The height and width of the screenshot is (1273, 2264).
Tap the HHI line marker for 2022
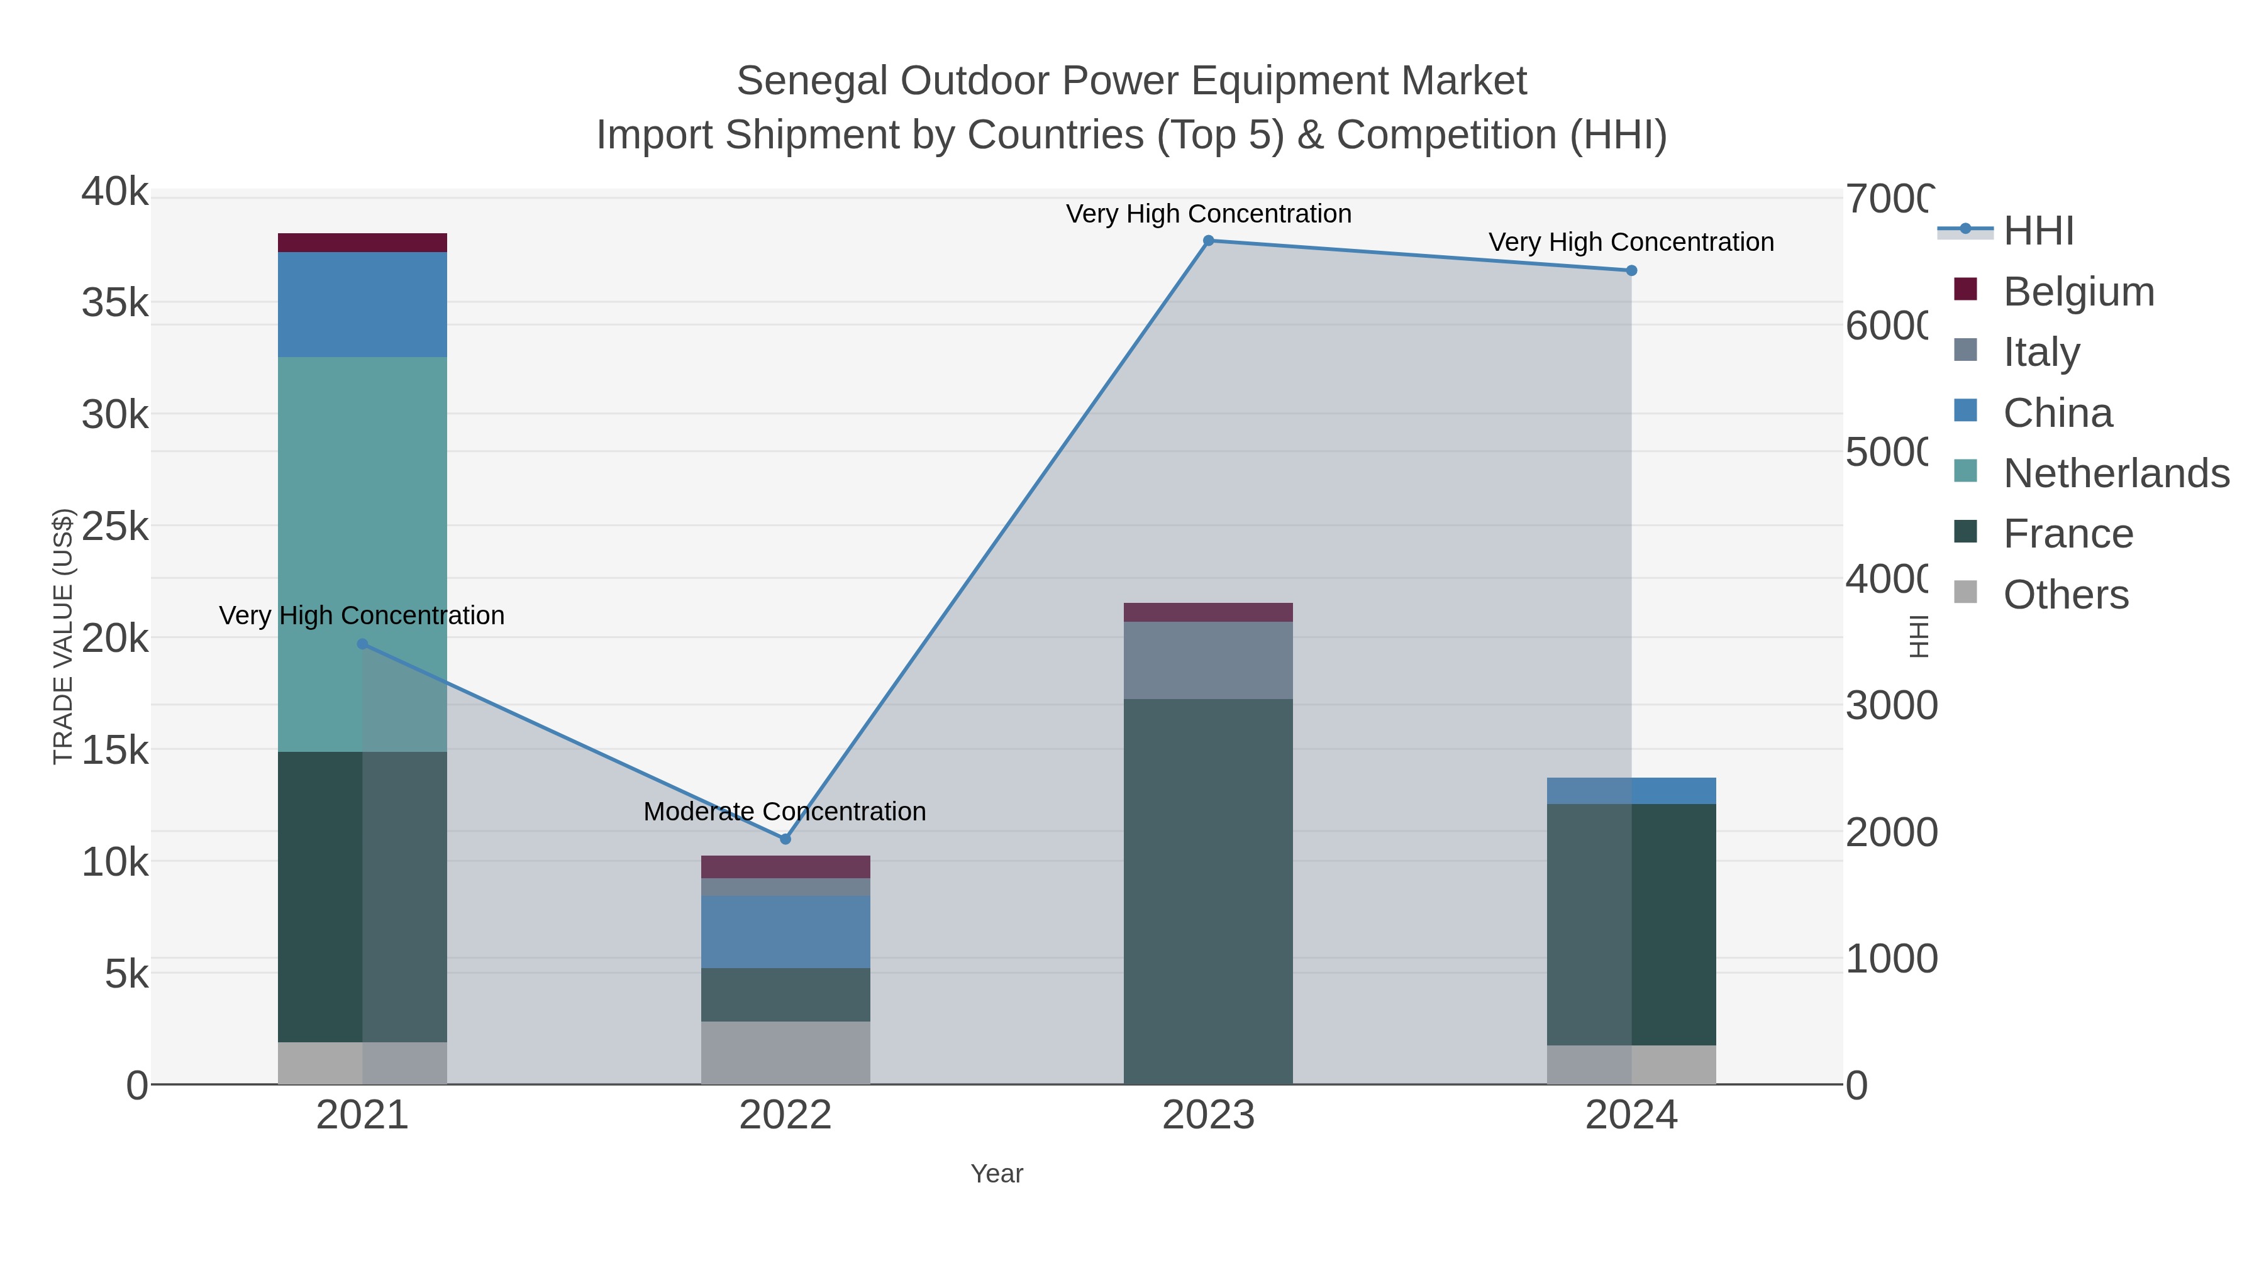click(x=785, y=839)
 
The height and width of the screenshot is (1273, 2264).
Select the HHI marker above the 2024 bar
click(x=1631, y=270)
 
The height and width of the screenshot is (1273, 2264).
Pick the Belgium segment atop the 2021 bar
click(x=362, y=243)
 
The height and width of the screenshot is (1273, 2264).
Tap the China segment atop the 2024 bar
click(x=1631, y=791)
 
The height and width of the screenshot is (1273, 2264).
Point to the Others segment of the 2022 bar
click(x=785, y=1052)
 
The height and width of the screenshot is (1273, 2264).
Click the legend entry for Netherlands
click(x=2116, y=473)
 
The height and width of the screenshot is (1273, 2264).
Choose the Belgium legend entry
click(x=2078, y=291)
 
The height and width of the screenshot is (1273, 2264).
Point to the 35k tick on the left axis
click(x=115, y=303)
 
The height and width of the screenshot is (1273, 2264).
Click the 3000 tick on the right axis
click(x=1890, y=705)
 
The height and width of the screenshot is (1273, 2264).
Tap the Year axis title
click(x=997, y=1173)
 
